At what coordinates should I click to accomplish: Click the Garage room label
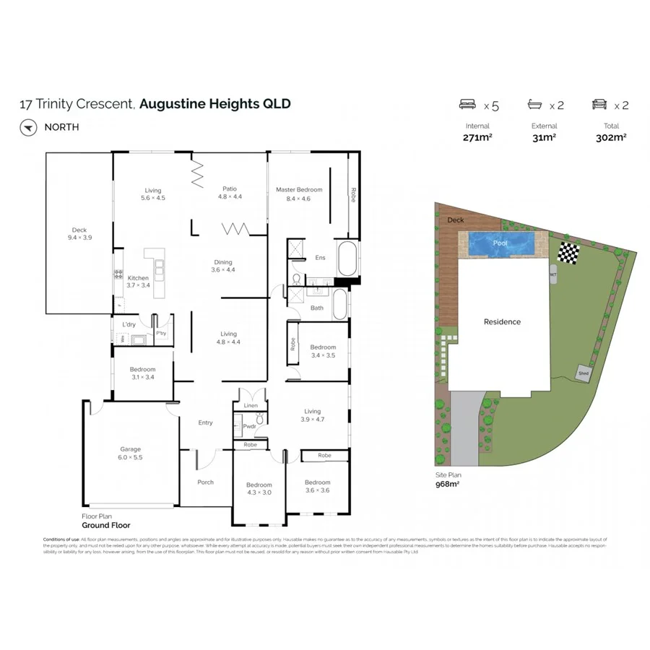coord(130,448)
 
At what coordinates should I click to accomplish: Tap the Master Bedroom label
coord(299,190)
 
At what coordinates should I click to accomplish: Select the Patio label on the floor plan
coord(230,190)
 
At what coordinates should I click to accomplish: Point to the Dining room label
coord(222,262)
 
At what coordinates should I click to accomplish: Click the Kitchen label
coord(138,278)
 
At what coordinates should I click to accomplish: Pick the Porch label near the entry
coord(206,482)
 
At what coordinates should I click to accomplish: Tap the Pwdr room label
coord(249,426)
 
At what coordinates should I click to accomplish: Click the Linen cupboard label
coord(250,406)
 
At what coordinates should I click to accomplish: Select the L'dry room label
coord(129,324)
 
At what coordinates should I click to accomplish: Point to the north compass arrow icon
coord(28,127)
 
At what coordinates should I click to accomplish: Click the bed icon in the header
coord(468,105)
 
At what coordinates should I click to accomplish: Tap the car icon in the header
coord(599,105)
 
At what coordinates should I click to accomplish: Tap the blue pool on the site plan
coord(500,243)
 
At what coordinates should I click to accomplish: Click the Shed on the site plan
coord(582,373)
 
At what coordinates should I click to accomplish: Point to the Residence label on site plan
coord(502,321)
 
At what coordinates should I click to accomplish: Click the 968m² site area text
coord(447,484)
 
